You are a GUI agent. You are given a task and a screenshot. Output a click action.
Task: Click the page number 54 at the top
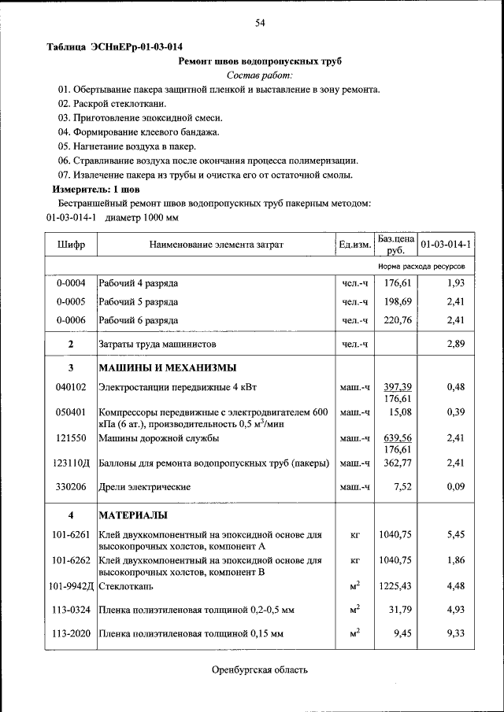click(260, 23)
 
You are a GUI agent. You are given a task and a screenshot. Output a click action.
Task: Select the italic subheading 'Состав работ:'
click(259, 76)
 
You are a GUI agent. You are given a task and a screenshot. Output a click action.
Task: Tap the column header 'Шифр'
click(71, 245)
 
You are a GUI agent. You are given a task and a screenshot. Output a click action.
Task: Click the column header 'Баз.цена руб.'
click(395, 244)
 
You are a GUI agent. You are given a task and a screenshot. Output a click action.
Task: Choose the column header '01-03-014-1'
click(446, 245)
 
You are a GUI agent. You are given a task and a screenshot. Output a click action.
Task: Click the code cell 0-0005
click(71, 302)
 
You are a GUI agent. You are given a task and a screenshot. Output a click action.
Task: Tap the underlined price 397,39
click(398, 387)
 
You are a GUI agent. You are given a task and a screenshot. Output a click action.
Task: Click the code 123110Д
click(72, 464)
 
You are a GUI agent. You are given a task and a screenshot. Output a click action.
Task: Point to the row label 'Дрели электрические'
click(144, 488)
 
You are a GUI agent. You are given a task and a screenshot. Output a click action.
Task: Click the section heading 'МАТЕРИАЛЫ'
click(132, 515)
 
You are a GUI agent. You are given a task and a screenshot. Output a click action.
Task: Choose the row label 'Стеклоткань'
click(127, 586)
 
